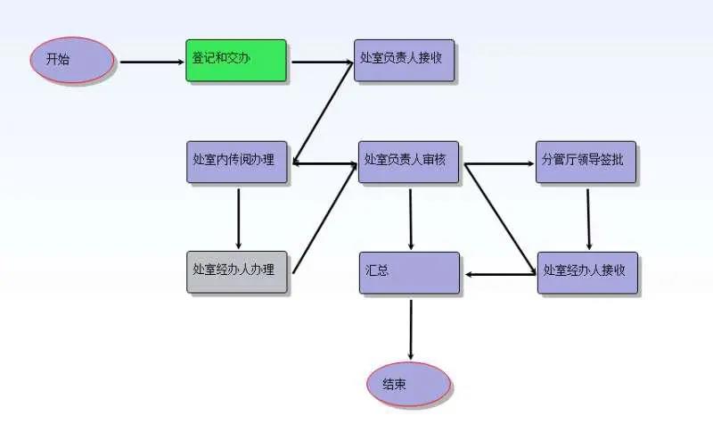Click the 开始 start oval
coord(70,61)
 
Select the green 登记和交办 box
coord(236,60)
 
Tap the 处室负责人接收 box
coord(405,60)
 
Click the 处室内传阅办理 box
coord(237,162)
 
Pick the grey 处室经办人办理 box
coord(237,271)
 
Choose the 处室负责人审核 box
coord(409,162)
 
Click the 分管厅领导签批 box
coord(586,162)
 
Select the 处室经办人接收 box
coord(587,271)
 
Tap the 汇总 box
coord(409,272)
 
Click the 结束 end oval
coord(409,385)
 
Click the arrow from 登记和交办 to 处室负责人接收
coord(322,62)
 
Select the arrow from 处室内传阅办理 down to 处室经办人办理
coord(238,217)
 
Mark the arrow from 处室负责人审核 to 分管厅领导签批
coord(499,164)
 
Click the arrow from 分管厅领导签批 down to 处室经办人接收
coord(588,217)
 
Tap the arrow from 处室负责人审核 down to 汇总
coord(410,217)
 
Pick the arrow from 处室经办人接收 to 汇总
coord(499,274)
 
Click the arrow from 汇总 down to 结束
coord(411,329)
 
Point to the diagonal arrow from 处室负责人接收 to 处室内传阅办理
coord(323,112)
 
